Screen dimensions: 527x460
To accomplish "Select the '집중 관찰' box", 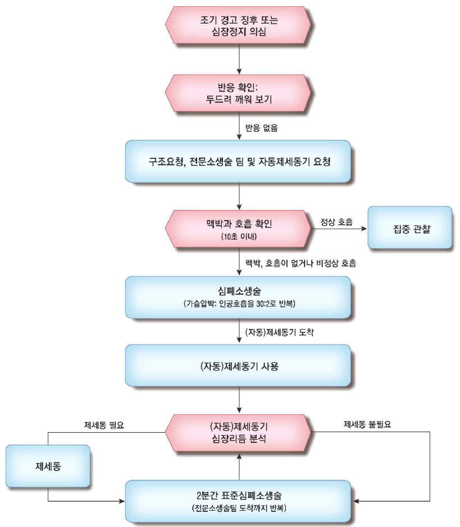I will [x=410, y=228].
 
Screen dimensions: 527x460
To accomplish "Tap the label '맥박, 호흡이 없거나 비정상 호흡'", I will [x=300, y=263].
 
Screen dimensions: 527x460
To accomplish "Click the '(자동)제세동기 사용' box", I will [x=239, y=366].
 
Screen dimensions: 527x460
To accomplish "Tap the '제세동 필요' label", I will [x=103, y=425].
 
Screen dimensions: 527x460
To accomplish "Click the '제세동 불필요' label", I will [x=367, y=425].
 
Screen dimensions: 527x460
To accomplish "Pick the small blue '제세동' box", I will [x=48, y=465].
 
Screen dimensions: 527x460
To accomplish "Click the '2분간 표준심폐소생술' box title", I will [x=239, y=497].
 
